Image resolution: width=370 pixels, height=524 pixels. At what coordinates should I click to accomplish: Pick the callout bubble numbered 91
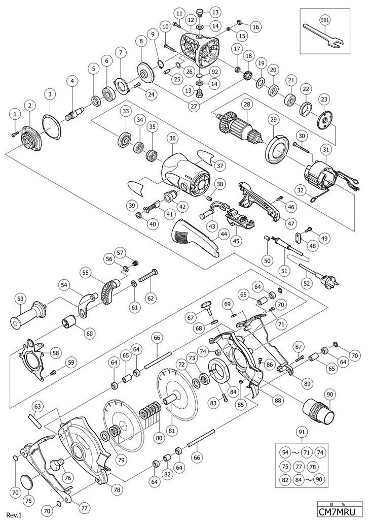tap(302, 433)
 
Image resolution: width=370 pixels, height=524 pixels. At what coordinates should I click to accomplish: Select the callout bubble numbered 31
tap(325, 149)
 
